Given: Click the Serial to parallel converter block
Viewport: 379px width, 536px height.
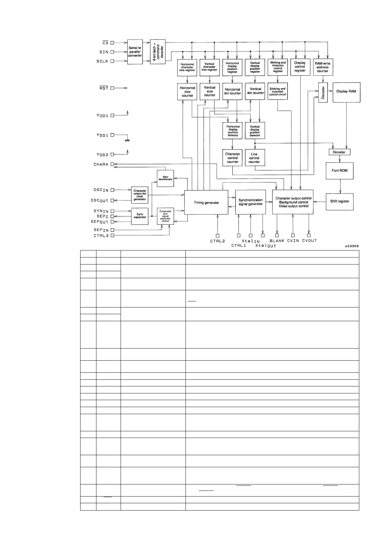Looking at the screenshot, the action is (135, 52).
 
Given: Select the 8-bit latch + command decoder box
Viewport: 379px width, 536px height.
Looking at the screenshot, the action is (158, 52).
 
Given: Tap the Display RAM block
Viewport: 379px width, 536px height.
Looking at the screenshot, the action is (346, 92).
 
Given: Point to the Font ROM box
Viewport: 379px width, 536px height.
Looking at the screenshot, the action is (340, 171).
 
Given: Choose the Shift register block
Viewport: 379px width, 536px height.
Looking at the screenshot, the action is (340, 201).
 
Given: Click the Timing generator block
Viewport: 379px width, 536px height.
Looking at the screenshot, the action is (206, 203).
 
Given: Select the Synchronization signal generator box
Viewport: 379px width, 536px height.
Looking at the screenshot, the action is (250, 202).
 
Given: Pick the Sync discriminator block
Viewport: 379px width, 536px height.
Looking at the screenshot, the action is (165, 179).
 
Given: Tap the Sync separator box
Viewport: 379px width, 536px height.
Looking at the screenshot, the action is (140, 216).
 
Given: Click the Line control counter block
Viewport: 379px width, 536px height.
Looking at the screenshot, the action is (255, 158).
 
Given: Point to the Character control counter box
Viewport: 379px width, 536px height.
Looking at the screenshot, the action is (233, 158).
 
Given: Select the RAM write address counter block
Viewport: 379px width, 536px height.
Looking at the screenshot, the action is (323, 67).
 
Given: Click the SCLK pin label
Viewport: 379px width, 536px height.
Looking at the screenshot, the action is (102, 61).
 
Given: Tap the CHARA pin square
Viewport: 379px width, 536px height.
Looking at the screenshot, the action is (112, 165).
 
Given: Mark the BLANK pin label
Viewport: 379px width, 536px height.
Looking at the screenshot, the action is (277, 241).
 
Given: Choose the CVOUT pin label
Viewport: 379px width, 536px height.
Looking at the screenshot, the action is (309, 241).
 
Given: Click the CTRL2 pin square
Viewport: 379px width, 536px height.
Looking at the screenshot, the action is (218, 236).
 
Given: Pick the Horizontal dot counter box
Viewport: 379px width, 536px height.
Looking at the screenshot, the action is (233, 91).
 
